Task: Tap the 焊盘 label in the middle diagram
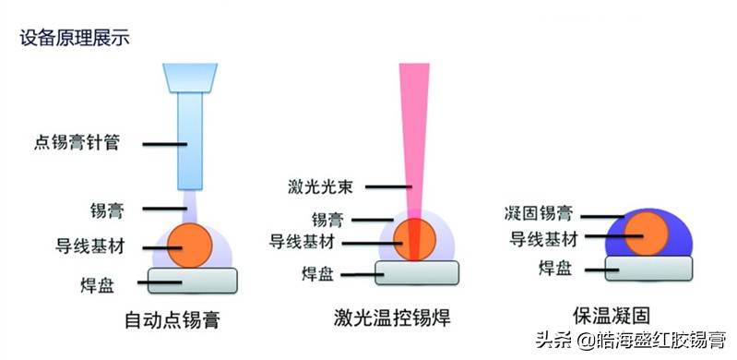319,274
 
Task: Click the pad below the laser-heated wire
417,270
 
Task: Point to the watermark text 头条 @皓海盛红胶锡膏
638,339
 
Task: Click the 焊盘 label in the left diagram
99,282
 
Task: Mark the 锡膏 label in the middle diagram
328,219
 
